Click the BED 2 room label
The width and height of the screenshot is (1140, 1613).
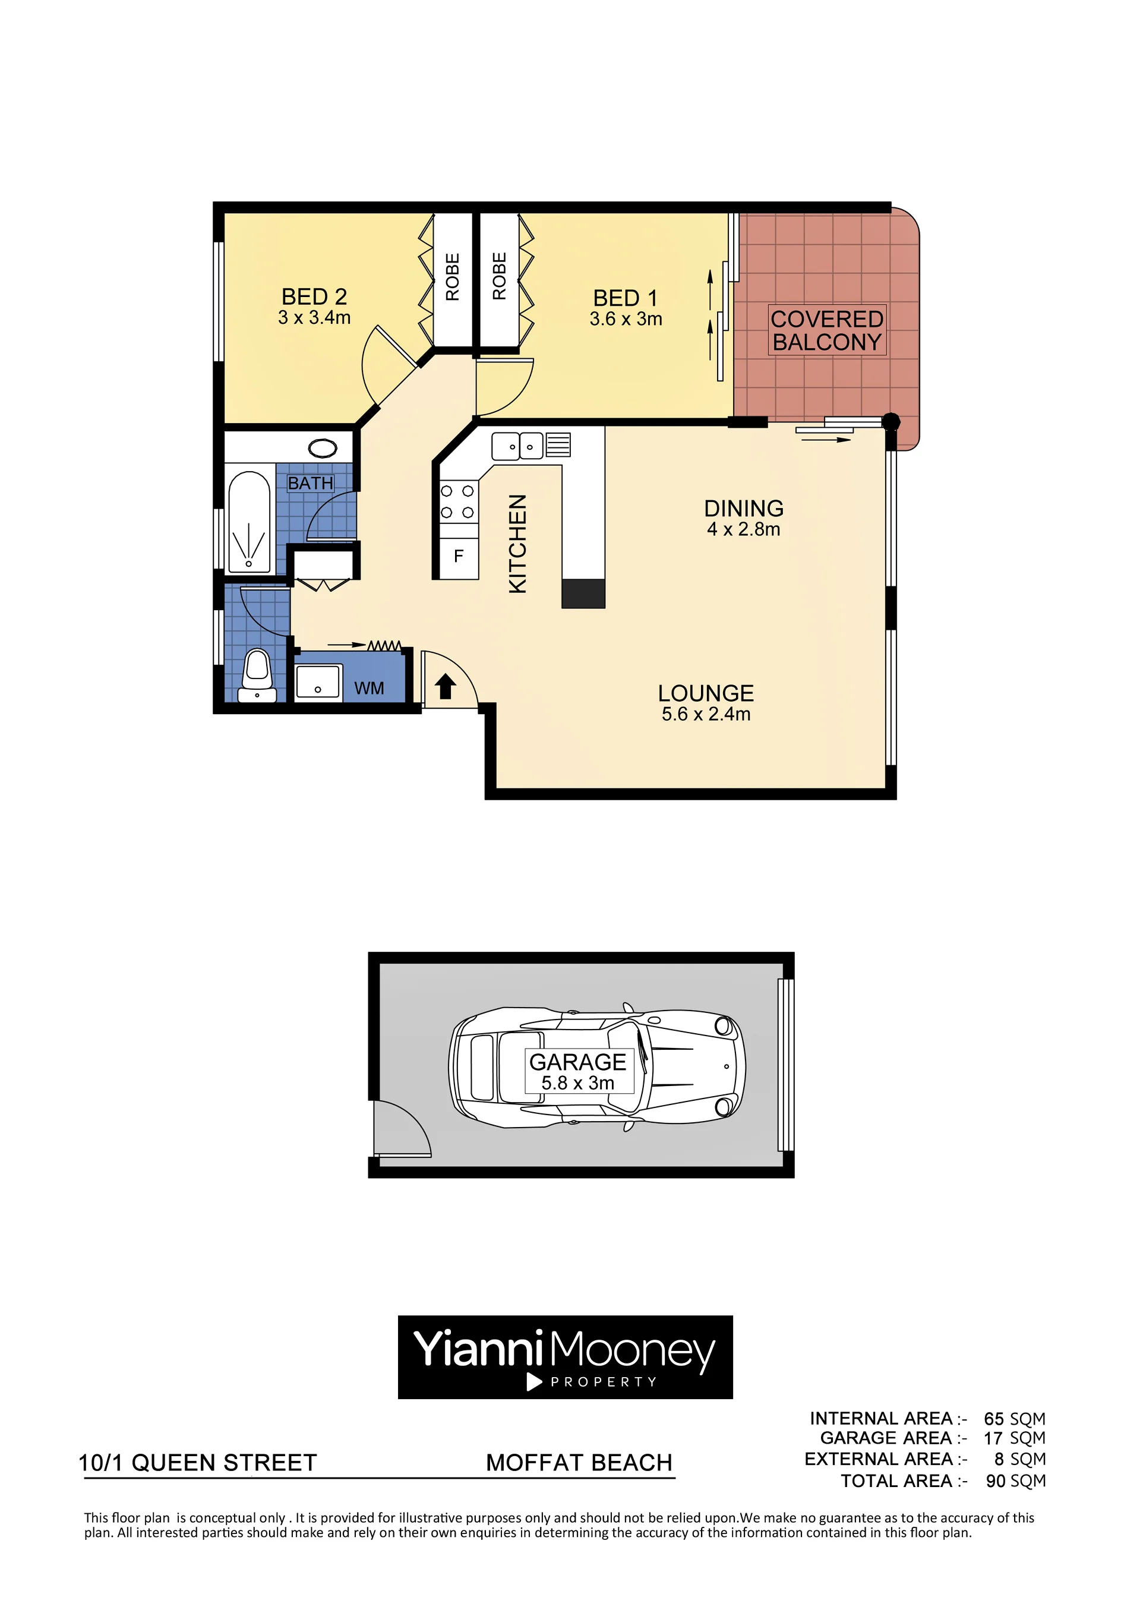coord(314,296)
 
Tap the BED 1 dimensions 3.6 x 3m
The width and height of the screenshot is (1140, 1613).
coord(625,319)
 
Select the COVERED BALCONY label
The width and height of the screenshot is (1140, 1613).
coord(827,330)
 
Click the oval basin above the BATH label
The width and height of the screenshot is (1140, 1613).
coord(323,447)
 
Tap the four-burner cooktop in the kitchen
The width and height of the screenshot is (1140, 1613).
coord(457,501)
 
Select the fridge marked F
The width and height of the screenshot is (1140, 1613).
coord(459,557)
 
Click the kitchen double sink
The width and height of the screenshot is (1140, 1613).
coord(517,446)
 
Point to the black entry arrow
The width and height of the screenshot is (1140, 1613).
coord(446,686)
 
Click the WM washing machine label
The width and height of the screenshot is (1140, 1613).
coord(369,689)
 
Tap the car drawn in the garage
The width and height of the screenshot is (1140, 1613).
coord(596,1066)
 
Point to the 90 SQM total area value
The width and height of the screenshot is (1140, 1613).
coord(1015,1481)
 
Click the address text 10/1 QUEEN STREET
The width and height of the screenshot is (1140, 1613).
coord(198,1463)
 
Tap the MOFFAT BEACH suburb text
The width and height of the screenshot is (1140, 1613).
coord(579,1463)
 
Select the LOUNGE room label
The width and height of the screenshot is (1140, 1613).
coord(705,693)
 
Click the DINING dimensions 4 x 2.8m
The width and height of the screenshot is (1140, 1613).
coord(743,530)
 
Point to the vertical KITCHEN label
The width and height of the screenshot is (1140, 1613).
coord(517,544)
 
